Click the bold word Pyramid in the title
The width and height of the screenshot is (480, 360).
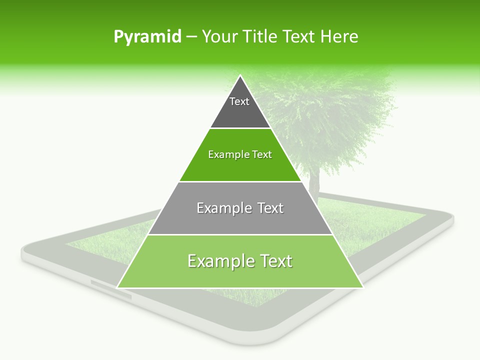point(147,37)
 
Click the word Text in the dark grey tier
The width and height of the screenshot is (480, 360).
point(239,101)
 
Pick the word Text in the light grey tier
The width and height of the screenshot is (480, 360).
point(270,208)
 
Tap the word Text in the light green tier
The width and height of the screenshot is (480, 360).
point(276,261)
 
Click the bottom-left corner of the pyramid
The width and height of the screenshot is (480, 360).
point(117,287)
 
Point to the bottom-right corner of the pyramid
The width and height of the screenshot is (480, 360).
point(362,287)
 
